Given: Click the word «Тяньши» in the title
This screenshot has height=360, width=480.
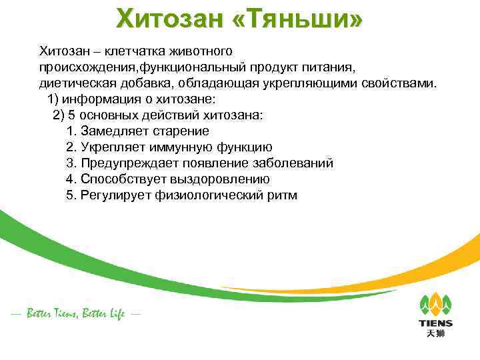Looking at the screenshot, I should tap(304, 19).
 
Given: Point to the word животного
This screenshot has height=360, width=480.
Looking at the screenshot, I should tap(199, 51).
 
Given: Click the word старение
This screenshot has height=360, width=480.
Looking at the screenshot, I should tap(183, 131).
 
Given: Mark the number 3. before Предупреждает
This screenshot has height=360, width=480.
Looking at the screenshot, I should tap(72, 163).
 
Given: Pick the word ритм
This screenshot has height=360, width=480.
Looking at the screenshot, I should tap(281, 195).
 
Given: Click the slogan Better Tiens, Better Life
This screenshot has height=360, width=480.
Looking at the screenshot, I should tap(75, 313).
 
